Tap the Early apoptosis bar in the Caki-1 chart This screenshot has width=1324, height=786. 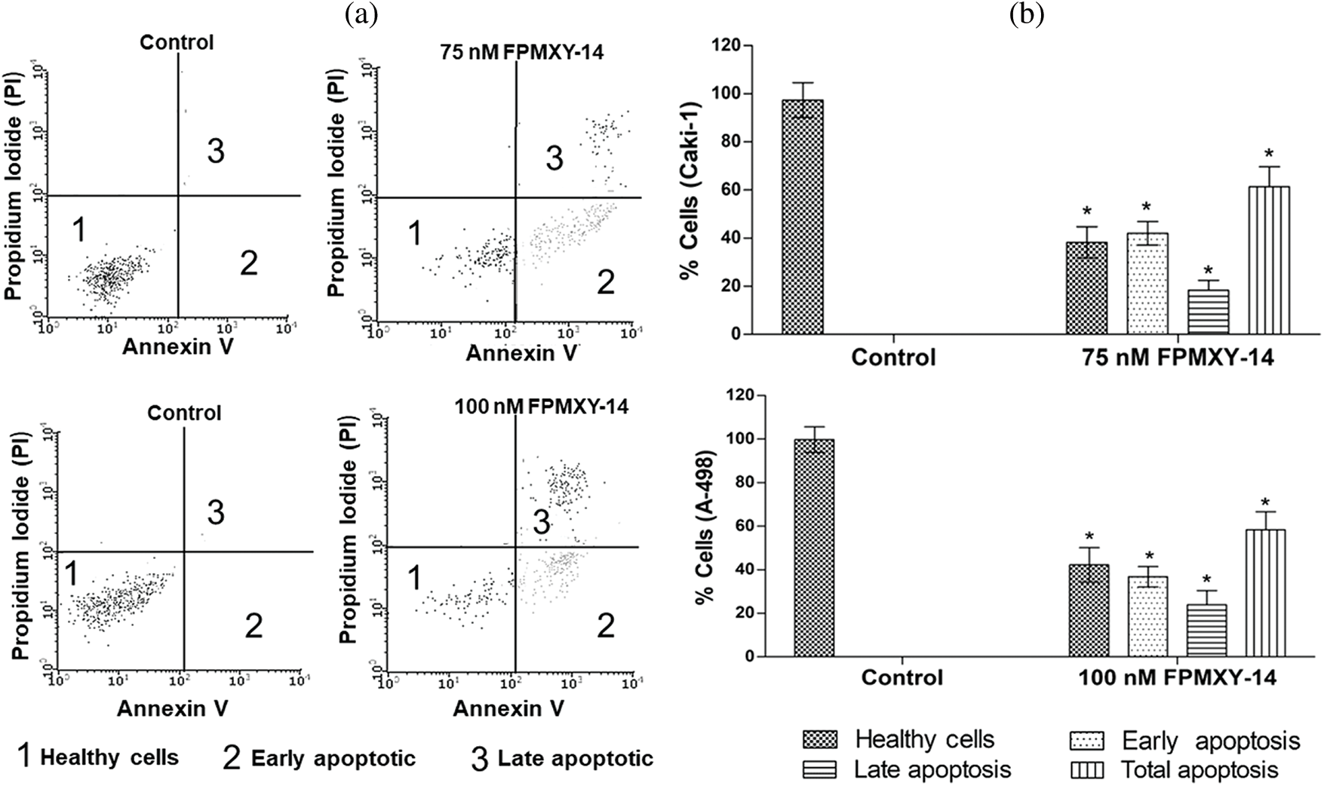pos(1147,284)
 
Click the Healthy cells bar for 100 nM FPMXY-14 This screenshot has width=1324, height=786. pos(1087,610)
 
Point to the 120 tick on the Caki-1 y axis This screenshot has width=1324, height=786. pos(728,46)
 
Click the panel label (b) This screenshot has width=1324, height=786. pos(1026,14)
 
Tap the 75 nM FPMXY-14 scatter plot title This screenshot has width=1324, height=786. pos(521,53)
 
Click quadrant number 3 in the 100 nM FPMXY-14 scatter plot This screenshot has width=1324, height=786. pos(542,522)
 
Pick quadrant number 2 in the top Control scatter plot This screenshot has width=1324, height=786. pos(249,263)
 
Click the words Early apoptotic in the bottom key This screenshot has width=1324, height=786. pos(333,758)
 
